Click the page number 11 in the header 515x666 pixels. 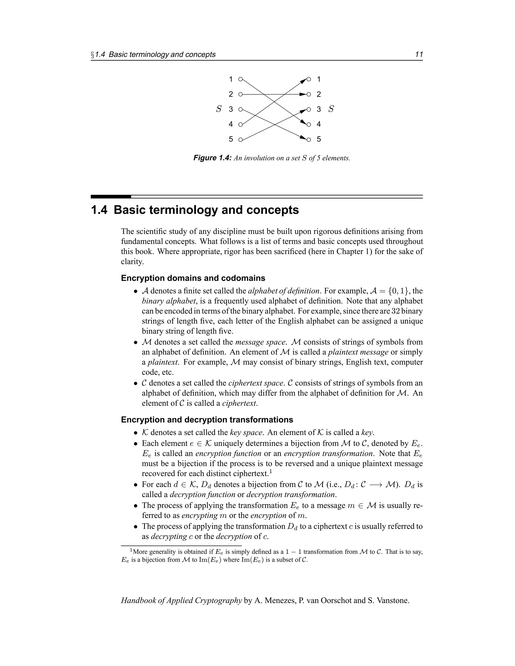coord(419,55)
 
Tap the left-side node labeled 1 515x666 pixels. coord(240,79)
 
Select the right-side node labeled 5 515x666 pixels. coord(309,140)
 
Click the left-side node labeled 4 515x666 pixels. coord(240,124)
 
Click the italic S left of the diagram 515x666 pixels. coord(219,109)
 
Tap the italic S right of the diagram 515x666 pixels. coord(331,109)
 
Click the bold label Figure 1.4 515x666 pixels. coord(213,158)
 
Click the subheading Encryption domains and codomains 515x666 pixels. coord(193,278)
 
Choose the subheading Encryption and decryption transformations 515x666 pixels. coord(207,420)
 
